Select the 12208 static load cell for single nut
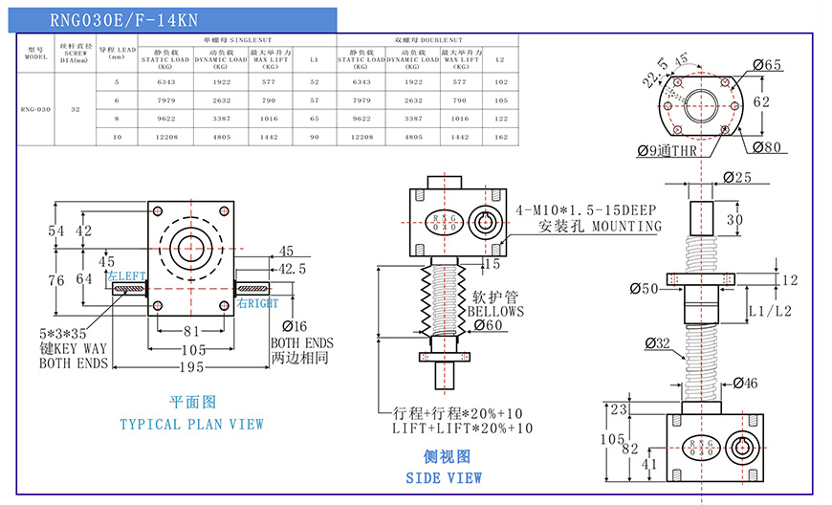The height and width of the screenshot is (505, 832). click(x=166, y=137)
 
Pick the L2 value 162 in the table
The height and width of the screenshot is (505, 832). click(x=500, y=137)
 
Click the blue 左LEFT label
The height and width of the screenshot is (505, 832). click(x=126, y=276)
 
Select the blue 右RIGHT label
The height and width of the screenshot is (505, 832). click(x=257, y=303)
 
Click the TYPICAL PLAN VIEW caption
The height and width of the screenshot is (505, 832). click(x=191, y=424)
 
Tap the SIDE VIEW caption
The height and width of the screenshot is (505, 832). click(x=444, y=477)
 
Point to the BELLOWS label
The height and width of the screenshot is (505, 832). click(x=495, y=312)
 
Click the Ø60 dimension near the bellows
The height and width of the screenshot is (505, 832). click(x=489, y=325)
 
